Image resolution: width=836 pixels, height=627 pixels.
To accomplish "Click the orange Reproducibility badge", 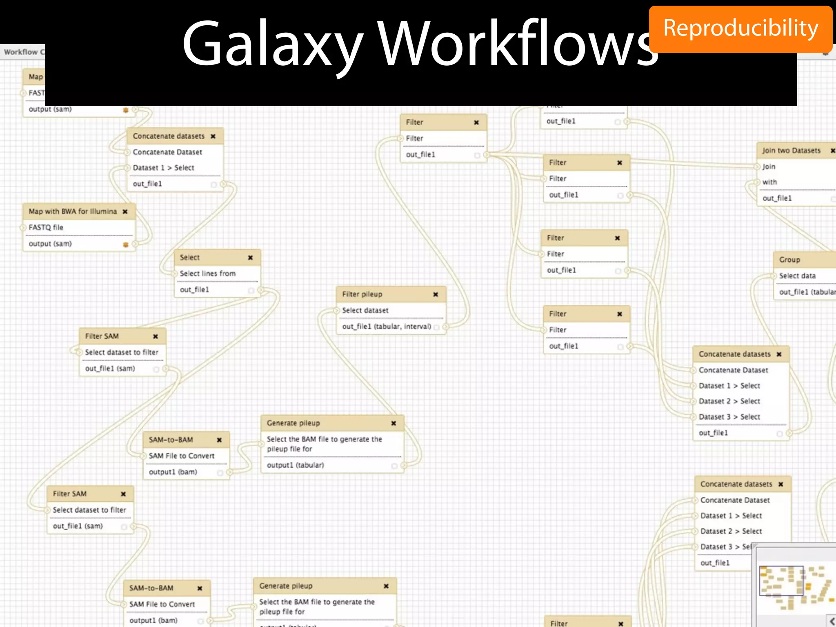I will pos(740,29).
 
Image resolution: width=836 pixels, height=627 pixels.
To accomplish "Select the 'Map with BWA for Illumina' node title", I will pos(73,211).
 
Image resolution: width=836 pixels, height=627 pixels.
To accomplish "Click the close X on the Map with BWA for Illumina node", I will pos(125,211).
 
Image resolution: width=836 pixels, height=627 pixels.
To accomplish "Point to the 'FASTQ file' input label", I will pos(46,227).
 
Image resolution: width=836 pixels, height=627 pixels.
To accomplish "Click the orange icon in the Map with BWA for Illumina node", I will pos(126,245).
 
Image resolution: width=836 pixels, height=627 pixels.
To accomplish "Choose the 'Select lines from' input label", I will pos(207,273).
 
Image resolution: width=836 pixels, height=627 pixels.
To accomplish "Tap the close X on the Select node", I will pos(251,258).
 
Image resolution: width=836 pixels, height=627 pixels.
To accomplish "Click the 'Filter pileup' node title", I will pos(362,294).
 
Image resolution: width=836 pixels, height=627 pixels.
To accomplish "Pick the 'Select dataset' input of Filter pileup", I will pos(365,310).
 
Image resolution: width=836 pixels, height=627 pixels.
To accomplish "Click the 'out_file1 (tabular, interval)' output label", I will pos(387,327).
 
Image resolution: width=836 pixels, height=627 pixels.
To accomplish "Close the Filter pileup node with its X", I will pos(436,294).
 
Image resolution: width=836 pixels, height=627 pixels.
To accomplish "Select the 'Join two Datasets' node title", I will pos(791,151).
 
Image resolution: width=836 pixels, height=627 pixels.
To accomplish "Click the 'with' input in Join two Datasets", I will pos(769,182).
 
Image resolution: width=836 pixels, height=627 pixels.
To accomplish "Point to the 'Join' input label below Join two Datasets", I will pos(769,167).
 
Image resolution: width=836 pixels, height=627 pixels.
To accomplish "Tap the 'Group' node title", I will pos(789,260).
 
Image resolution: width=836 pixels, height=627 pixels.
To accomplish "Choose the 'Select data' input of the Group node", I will pos(797,276).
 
